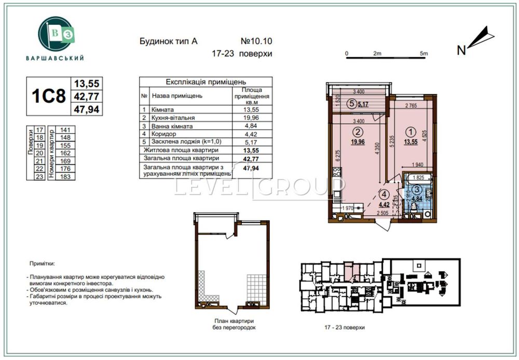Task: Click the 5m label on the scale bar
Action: click(424, 53)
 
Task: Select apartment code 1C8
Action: click(48, 96)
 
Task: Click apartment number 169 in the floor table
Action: click(65, 161)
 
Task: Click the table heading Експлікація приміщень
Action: click(206, 82)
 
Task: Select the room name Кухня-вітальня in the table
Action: click(172, 118)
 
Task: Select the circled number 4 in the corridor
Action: click(383, 195)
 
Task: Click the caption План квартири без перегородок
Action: click(234, 325)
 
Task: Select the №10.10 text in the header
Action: click(256, 40)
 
